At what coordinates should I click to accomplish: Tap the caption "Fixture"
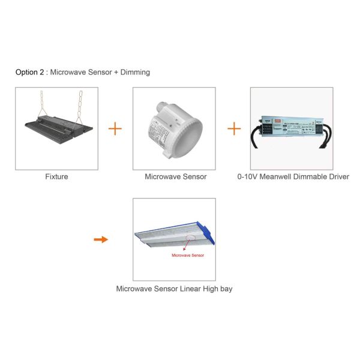[56, 177]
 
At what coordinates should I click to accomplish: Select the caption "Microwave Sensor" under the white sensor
[175, 177]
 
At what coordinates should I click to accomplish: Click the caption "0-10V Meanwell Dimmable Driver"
[293, 177]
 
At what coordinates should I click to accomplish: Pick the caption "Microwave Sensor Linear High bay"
[174, 289]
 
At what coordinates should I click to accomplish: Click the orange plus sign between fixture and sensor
[115, 128]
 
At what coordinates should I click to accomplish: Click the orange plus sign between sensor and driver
[233, 128]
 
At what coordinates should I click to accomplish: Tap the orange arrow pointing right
[101, 239]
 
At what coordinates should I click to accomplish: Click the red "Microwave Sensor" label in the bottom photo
[188, 256]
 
